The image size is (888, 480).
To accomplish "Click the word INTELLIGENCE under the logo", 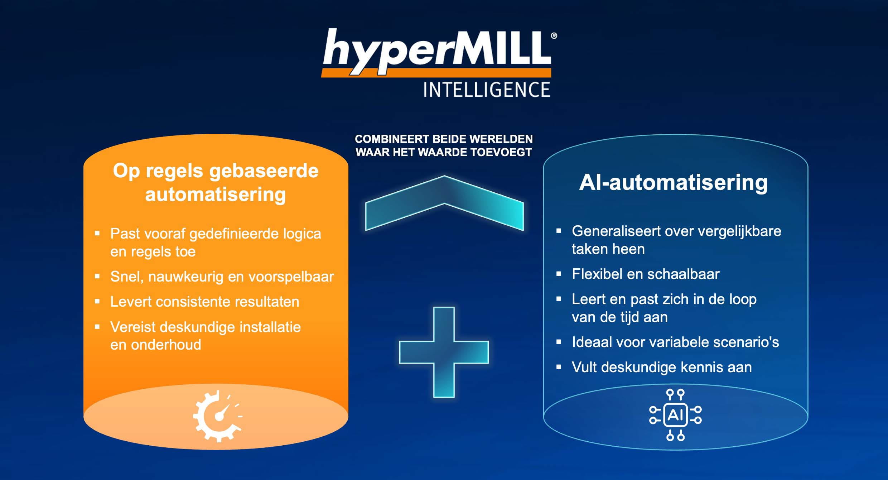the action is tap(487, 90).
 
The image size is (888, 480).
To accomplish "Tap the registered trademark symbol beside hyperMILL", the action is tap(554, 35).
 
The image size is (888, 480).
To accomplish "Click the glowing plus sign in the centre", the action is tap(444, 352).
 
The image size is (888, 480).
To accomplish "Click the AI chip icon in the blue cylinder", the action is tap(675, 415).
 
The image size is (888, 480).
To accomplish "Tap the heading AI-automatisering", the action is tap(674, 182).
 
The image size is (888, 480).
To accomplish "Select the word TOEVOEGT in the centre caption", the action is tap(501, 152).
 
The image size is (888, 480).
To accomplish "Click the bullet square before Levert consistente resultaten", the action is tap(97, 302).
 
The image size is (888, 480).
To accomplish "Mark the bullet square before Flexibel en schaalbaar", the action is tap(559, 274).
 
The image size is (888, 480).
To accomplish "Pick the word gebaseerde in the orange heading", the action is tap(264, 171).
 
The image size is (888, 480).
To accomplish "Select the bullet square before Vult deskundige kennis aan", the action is tap(559, 367).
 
